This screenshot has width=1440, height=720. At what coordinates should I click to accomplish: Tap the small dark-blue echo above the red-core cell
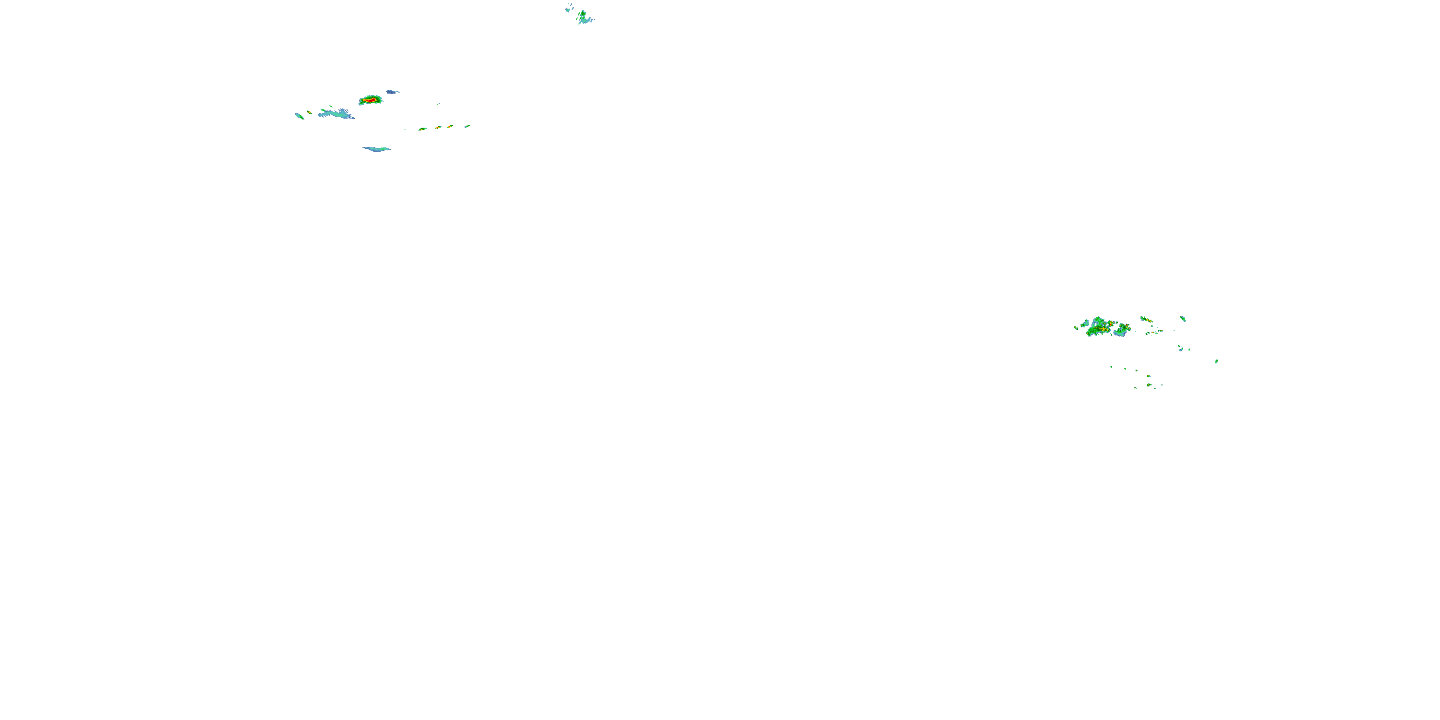click(392, 91)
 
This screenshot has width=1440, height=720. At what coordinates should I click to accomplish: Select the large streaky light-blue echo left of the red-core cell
click(337, 114)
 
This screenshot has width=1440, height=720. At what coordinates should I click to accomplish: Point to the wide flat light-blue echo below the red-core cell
click(377, 149)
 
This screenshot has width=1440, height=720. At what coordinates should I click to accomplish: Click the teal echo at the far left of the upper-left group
click(299, 116)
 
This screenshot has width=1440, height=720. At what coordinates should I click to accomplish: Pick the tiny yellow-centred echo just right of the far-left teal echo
click(309, 112)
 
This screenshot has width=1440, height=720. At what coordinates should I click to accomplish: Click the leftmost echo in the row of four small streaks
click(422, 129)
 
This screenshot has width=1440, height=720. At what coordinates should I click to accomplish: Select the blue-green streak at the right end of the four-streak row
click(467, 126)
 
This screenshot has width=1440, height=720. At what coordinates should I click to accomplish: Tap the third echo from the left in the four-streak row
click(449, 127)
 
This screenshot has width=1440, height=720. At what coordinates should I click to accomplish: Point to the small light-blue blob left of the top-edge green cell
click(568, 9)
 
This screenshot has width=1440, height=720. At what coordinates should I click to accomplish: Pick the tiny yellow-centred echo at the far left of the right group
click(1076, 327)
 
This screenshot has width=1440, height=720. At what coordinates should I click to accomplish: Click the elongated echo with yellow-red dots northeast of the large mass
click(1146, 319)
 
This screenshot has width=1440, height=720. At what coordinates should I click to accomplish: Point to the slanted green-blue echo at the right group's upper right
click(1183, 319)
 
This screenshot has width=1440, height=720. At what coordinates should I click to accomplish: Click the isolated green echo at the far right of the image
click(1216, 361)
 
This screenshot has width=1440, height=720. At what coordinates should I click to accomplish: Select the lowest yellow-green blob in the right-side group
click(1149, 384)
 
